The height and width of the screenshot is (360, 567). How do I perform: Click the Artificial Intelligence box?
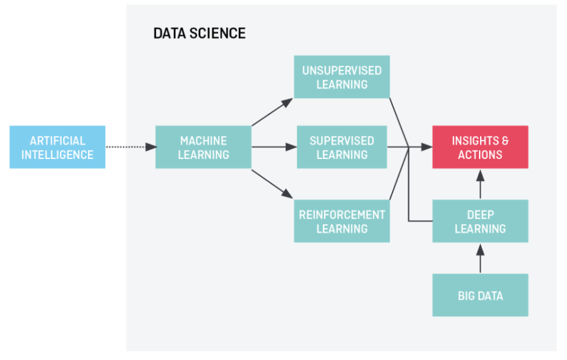pos(57,147)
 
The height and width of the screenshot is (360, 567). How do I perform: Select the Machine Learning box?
pos(203,147)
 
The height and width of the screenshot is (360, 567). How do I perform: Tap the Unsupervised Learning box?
pos(342,77)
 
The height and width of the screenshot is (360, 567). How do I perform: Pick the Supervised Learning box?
pos(342,147)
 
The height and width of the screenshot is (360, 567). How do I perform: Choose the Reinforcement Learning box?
pos(342,221)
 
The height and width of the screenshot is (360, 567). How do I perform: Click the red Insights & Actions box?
pos(480,147)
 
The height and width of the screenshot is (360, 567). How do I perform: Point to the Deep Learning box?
pos(480,221)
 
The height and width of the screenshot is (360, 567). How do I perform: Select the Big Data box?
pos(480,295)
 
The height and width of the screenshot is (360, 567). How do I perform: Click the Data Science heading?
pos(199,33)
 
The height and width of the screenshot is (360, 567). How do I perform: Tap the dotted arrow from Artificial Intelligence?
pos(130,147)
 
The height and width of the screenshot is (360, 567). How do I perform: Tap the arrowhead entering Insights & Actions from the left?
pos(427,147)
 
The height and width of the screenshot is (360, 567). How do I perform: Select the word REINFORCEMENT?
pos(342,215)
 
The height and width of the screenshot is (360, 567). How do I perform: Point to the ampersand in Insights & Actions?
pos(504,141)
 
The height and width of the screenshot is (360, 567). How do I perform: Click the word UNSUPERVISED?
pos(342,70)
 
